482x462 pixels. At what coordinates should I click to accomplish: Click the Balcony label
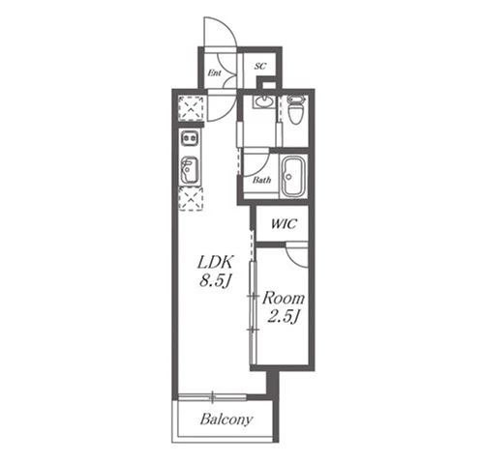[x=226, y=419]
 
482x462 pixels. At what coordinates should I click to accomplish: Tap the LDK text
[x=215, y=262]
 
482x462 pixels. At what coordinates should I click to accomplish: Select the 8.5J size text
[x=215, y=281]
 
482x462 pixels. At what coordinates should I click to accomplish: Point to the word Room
[x=284, y=299]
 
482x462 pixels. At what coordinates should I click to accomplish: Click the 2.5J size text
[x=284, y=317]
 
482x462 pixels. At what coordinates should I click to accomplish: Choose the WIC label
[x=284, y=223]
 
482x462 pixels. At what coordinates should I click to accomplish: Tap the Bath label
[x=261, y=180]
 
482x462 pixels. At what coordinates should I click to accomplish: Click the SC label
[x=260, y=66]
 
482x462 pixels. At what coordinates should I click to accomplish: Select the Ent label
[x=214, y=72]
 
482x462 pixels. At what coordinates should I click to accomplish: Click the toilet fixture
[x=296, y=109]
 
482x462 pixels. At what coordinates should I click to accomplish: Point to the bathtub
[x=293, y=176]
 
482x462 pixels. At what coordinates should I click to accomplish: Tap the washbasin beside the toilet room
[x=263, y=101]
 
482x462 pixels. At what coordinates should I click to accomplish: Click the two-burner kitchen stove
[x=190, y=138]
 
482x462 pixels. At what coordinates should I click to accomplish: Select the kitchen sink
[x=190, y=170]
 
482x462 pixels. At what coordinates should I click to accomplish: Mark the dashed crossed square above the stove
[x=191, y=108]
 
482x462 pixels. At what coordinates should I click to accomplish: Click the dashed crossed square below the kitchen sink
[x=191, y=199]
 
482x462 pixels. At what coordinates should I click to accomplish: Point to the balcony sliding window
[x=212, y=397]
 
